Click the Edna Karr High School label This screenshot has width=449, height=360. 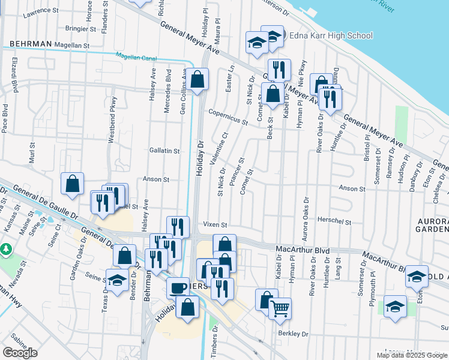331,36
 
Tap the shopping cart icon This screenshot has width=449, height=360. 280,308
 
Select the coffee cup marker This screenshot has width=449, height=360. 178,287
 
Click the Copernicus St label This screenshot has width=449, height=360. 228,118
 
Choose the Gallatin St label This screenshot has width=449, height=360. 164,152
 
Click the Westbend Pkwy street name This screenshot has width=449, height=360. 111,126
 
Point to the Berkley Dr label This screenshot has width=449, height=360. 293,334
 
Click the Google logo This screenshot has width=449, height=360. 20,352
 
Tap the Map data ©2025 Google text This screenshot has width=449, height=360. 412,355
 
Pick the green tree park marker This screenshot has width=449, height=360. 6,248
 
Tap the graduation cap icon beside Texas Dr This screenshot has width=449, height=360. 117,279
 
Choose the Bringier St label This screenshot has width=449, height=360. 68,28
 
